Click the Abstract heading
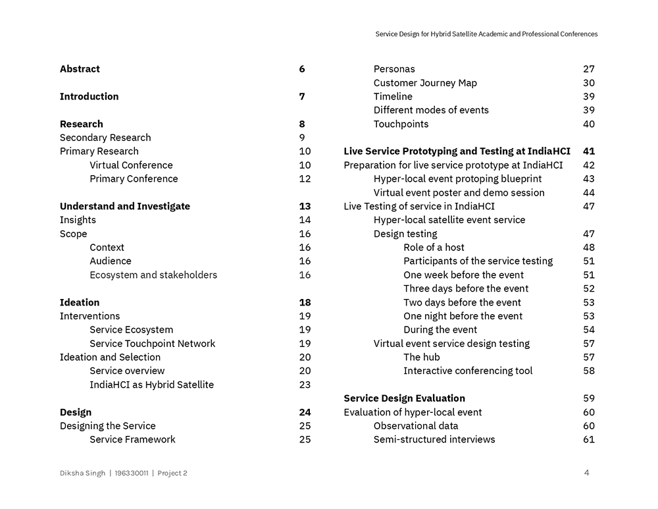(80, 69)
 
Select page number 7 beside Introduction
(302, 97)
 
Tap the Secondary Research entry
(105, 138)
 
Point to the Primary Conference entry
(134, 179)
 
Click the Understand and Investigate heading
(125, 206)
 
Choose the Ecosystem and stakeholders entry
(153, 275)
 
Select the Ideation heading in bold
(80, 303)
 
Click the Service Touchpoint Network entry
(153, 344)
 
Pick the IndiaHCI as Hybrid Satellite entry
(152, 385)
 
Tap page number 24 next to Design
(305, 412)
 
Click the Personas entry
(394, 69)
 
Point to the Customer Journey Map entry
(425, 83)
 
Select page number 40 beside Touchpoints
(589, 124)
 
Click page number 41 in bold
(589, 151)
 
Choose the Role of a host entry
(434, 248)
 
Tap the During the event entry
(440, 330)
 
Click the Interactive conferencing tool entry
(468, 371)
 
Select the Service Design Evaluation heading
(404, 398)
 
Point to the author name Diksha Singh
(82, 473)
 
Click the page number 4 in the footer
(586, 472)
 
